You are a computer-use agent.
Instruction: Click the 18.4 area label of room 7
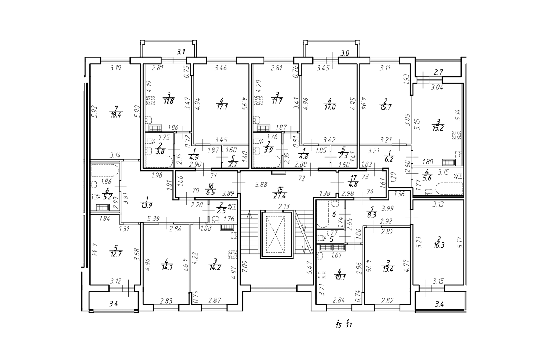click(x=116, y=115)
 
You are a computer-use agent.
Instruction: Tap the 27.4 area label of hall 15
click(x=280, y=196)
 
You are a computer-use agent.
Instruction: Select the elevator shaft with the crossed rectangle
click(x=276, y=234)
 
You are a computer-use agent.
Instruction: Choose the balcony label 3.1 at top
click(x=181, y=52)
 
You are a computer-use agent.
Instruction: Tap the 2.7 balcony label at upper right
click(x=438, y=72)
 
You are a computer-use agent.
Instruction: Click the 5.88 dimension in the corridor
click(x=261, y=185)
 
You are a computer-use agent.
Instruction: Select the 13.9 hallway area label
click(x=147, y=205)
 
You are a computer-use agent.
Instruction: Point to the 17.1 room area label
click(x=222, y=107)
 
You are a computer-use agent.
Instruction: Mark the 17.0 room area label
click(x=330, y=107)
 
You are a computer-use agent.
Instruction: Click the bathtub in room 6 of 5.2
click(x=105, y=170)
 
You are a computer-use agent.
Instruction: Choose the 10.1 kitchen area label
click(x=339, y=277)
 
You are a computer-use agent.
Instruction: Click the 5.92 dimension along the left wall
click(x=95, y=112)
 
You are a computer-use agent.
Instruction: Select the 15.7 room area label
click(x=386, y=107)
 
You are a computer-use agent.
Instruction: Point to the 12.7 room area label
click(x=116, y=253)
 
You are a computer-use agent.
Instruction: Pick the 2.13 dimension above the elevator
click(x=284, y=206)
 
